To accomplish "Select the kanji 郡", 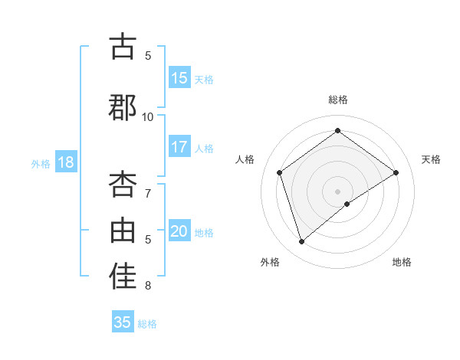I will tap(123, 107).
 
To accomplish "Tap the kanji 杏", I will tap(123, 184).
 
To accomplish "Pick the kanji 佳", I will tap(123, 277).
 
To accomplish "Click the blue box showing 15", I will tap(179, 78).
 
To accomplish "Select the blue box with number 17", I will tap(179, 148).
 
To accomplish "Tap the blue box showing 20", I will tap(179, 232).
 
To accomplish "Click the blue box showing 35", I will tap(123, 322).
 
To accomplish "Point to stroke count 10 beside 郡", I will tap(148, 116).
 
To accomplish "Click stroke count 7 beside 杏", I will tap(149, 193).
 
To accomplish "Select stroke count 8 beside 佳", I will tap(149, 286).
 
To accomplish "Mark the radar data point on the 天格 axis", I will tap(396, 172).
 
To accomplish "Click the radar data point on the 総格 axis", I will tap(337, 131).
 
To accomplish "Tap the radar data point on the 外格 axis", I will tap(301, 242).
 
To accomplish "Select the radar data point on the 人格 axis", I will tap(280, 172).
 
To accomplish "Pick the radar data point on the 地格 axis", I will tap(347, 204).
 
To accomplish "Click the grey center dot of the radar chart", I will tap(337, 191).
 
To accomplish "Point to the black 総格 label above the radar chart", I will tap(337, 100).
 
